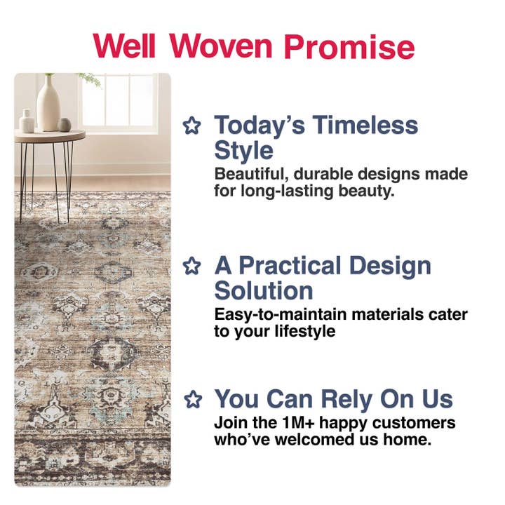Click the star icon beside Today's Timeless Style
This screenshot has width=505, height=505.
[x=191, y=126]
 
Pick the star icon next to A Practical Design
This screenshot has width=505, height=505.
[x=191, y=267]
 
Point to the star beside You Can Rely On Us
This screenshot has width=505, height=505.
[x=191, y=400]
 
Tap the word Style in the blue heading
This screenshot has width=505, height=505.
[x=243, y=151]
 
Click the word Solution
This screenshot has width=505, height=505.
[x=264, y=291]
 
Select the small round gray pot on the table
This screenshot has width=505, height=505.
[x=64, y=124]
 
